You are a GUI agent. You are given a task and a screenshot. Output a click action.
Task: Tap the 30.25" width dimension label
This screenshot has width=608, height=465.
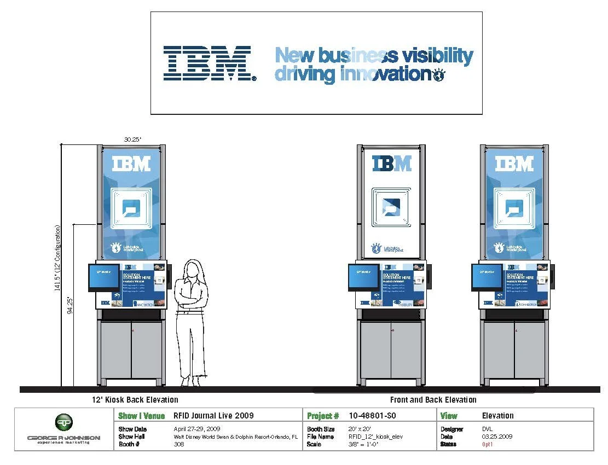132,139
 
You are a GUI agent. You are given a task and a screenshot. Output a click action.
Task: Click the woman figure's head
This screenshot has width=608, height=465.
192,270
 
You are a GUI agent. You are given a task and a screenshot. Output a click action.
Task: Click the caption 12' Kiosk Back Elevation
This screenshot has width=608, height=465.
135,400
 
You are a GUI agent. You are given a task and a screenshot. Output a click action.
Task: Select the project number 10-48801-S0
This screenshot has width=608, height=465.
372,416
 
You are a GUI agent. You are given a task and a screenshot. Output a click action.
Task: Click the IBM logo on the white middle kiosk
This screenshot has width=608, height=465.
392,163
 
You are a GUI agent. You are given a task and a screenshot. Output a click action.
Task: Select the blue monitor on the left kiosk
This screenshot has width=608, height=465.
104,277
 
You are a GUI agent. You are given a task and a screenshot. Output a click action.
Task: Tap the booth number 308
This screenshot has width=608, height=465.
179,444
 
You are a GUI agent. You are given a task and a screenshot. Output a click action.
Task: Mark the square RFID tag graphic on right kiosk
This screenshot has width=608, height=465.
514,208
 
